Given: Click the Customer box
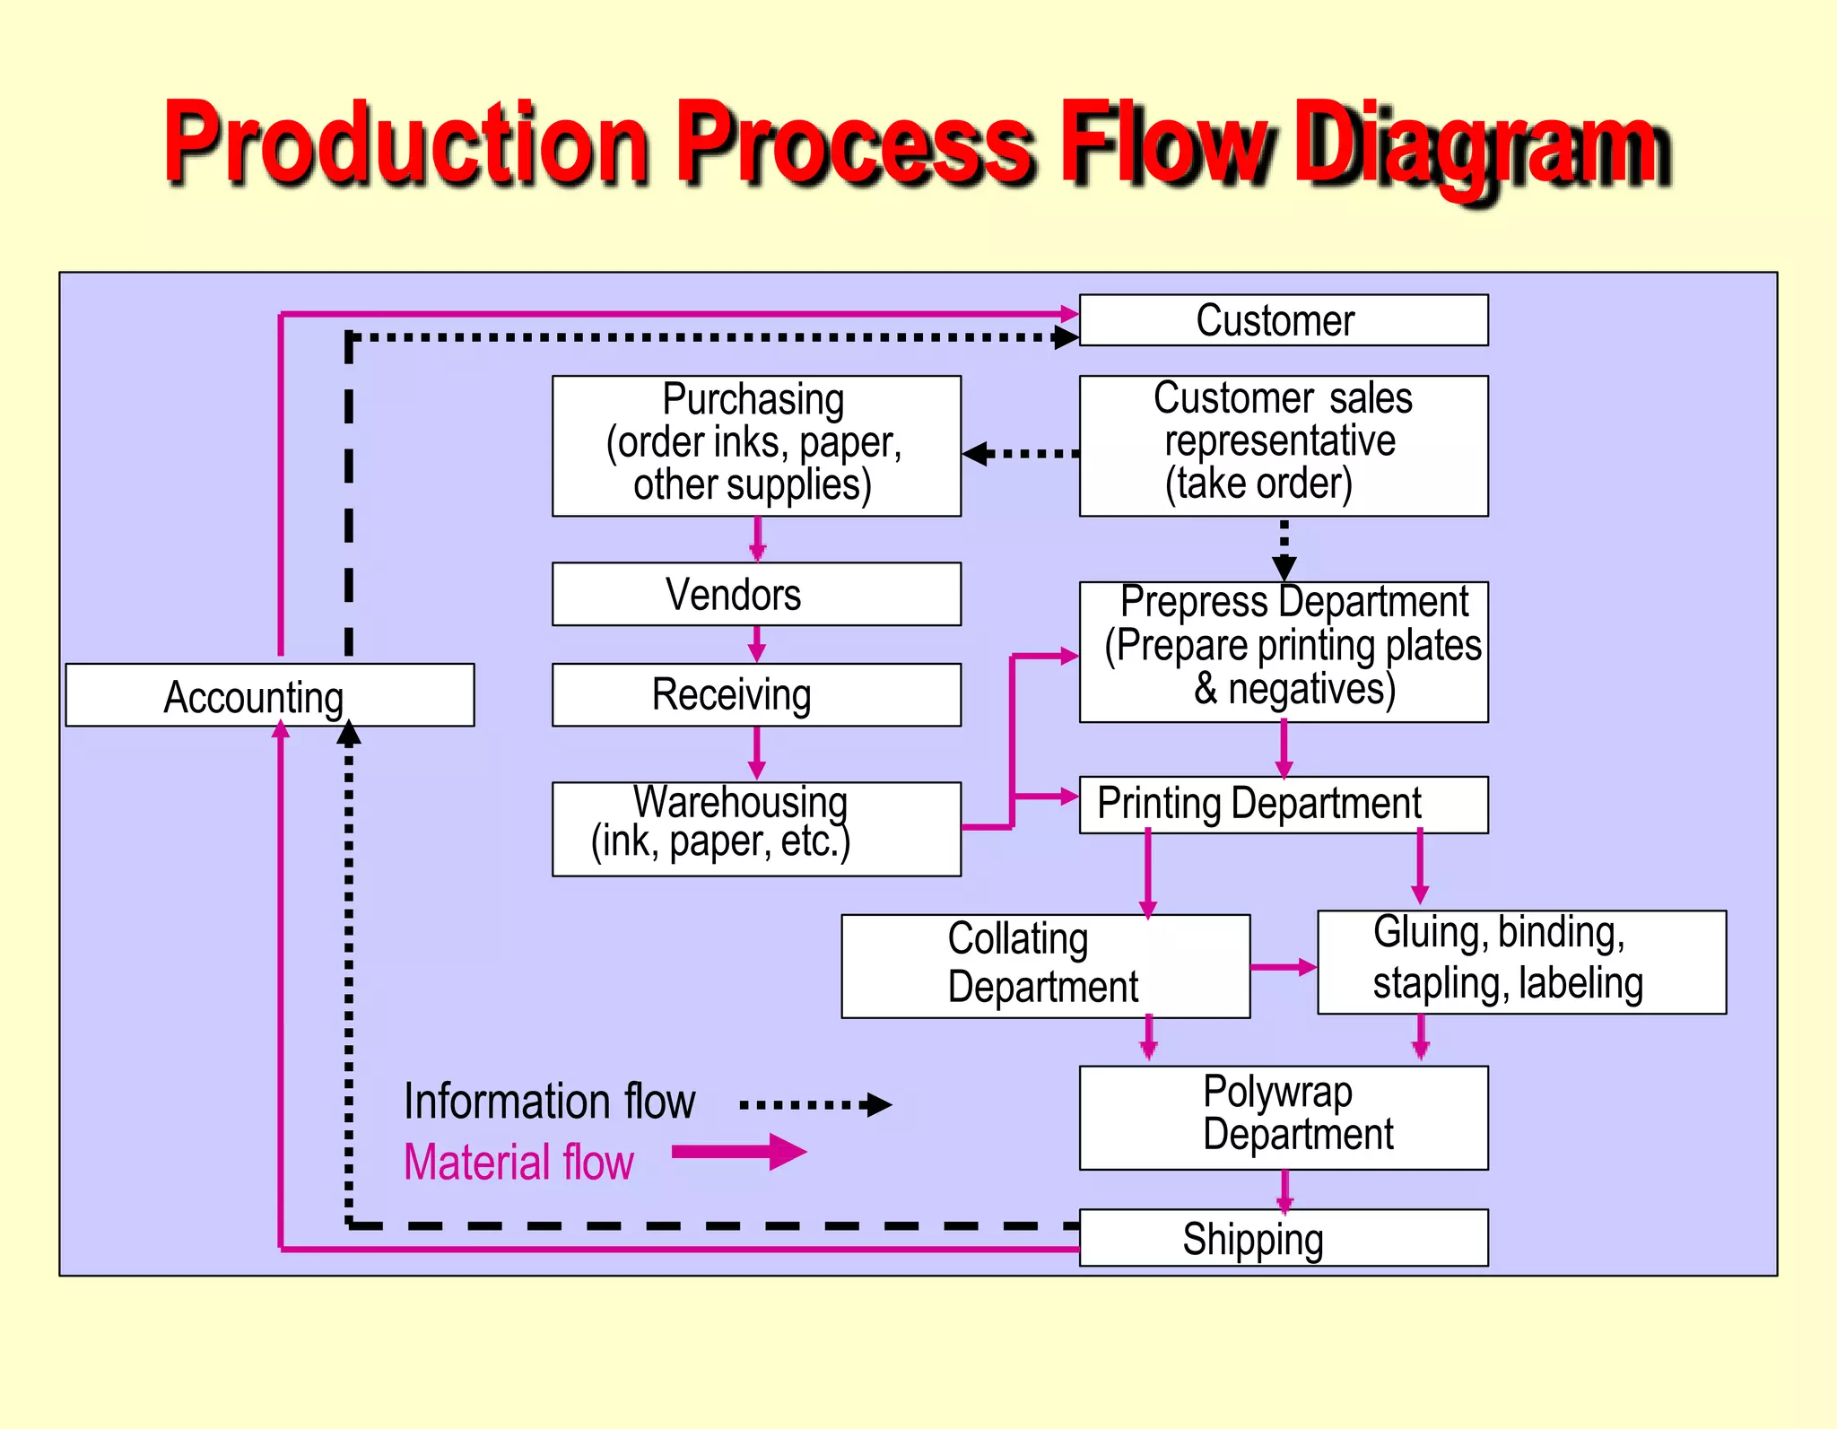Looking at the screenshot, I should click(x=1283, y=320).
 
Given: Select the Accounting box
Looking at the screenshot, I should click(x=269, y=695).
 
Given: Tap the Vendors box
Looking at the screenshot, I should click(x=756, y=594).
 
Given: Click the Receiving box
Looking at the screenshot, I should click(x=756, y=695).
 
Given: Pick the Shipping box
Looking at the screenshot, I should click(x=1283, y=1238).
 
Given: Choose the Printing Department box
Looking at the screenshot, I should click(x=1283, y=805).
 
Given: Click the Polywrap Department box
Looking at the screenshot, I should click(x=1283, y=1117).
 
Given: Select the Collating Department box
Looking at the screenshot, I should click(x=1045, y=966).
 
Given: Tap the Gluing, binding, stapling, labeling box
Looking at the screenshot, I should click(x=1521, y=962).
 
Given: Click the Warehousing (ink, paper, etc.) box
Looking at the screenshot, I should click(x=756, y=829).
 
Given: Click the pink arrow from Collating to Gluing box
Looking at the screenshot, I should click(x=1283, y=967).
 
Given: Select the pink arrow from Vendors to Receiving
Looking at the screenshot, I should click(x=757, y=644).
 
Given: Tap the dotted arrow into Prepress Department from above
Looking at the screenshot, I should click(x=1284, y=549).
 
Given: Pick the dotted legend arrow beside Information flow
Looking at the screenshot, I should click(x=814, y=1104).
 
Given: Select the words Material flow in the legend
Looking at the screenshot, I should click(x=518, y=1163).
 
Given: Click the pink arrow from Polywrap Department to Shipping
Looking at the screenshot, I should click(x=1284, y=1190).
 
